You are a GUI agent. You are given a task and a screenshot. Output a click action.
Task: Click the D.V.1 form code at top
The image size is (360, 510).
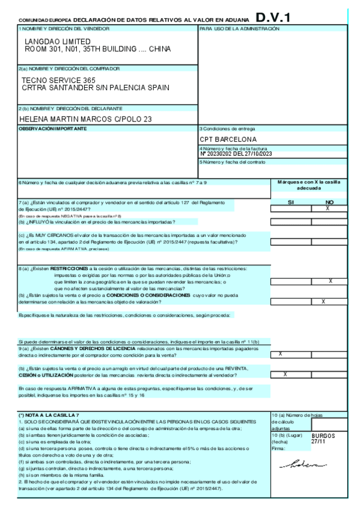coord(273,18)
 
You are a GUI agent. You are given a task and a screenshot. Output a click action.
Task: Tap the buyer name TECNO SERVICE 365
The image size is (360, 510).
coord(58,79)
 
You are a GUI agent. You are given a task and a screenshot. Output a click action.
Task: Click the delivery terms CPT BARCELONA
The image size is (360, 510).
coord(224,140)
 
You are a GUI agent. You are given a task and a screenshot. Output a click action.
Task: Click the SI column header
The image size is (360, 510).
coord(291,202)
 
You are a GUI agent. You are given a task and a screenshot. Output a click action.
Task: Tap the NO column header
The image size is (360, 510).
coord(329,202)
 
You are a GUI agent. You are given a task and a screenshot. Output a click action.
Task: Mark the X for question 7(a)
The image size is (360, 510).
coord(328,208)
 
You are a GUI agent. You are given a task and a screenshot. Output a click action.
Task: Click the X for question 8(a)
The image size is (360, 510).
coord(330,281)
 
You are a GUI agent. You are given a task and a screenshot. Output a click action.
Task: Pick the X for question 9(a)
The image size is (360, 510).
coord(281,354)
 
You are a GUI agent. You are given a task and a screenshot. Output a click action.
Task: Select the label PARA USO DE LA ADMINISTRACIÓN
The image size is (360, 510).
coord(239,28)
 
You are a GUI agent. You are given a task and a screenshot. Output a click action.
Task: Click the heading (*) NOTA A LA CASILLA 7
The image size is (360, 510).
coord(49,416)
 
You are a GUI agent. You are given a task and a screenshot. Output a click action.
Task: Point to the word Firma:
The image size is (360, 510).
coord(277,448)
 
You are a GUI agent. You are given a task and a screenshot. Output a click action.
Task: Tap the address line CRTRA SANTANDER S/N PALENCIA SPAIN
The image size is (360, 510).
coord(95,88)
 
